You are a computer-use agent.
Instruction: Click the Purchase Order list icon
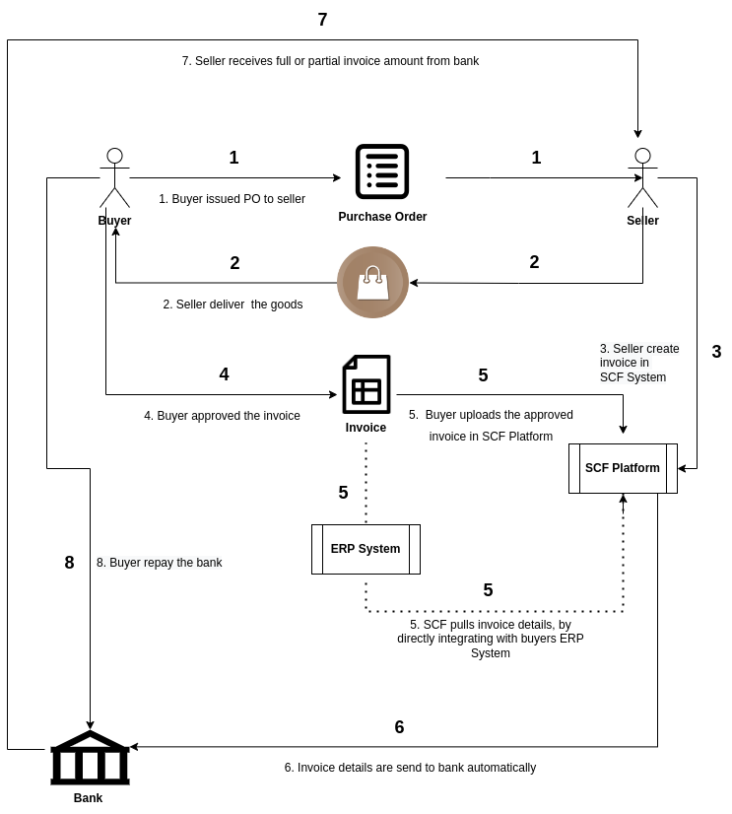click(x=382, y=171)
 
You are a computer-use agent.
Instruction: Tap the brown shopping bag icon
click(x=372, y=283)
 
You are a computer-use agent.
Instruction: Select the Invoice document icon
click(x=366, y=384)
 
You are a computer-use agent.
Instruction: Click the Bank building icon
click(x=90, y=758)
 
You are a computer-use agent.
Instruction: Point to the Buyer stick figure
click(x=114, y=178)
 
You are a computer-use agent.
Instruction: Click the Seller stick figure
click(x=642, y=178)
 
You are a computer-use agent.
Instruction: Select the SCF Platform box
click(x=623, y=468)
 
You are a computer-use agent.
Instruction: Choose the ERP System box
click(x=366, y=549)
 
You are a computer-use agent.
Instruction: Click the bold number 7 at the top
click(x=322, y=20)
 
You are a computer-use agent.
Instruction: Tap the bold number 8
click(x=69, y=563)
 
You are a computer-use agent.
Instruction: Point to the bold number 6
click(x=399, y=727)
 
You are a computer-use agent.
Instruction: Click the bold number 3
click(x=716, y=352)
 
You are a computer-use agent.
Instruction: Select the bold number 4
click(x=224, y=373)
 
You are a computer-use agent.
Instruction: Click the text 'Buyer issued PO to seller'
click(x=238, y=199)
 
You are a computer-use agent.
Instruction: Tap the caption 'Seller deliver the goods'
click(x=238, y=305)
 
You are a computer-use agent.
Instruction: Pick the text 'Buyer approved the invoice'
click(x=229, y=416)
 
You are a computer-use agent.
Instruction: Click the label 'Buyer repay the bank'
click(x=166, y=563)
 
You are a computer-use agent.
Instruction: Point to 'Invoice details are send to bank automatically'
click(x=417, y=768)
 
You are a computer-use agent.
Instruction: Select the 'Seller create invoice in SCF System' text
click(x=639, y=363)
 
